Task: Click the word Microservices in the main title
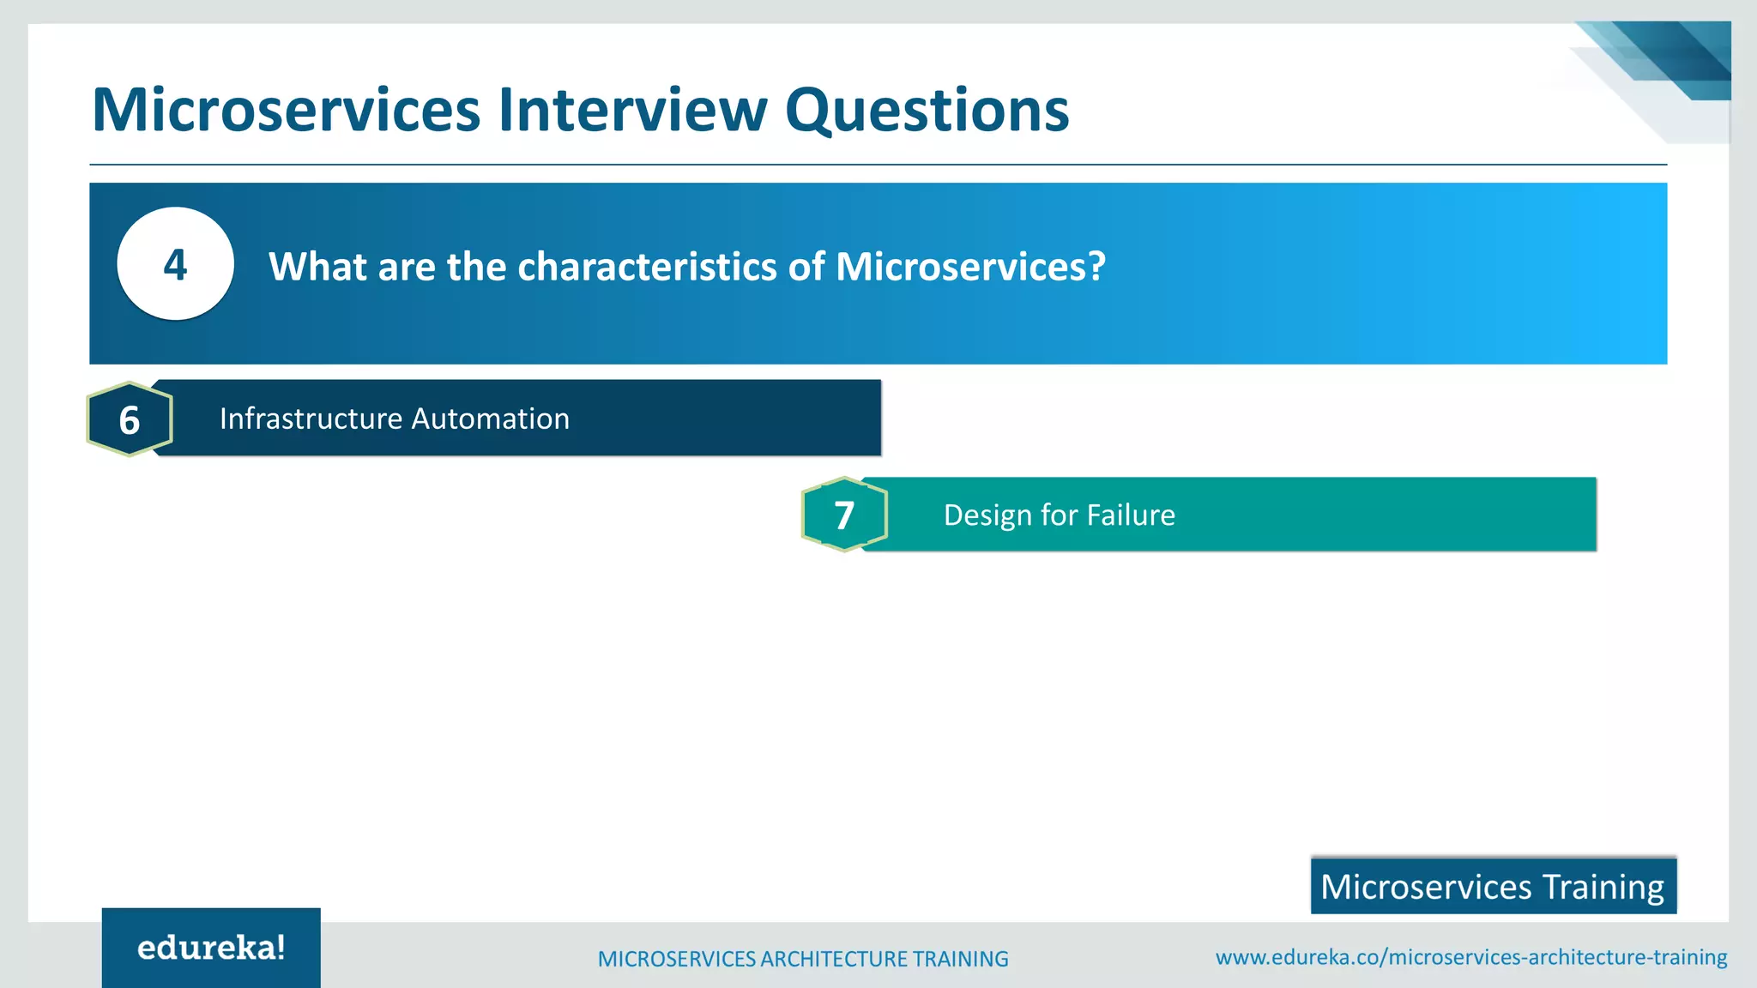coord(286,110)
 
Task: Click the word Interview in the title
coord(632,110)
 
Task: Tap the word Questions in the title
coord(927,111)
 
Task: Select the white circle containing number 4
coord(175,264)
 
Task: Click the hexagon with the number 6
coord(130,419)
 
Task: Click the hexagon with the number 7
coord(844,515)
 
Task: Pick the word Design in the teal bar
coord(987,515)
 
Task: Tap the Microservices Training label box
coord(1493,886)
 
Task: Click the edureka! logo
coord(211,948)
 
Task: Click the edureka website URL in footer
coord(1470,957)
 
